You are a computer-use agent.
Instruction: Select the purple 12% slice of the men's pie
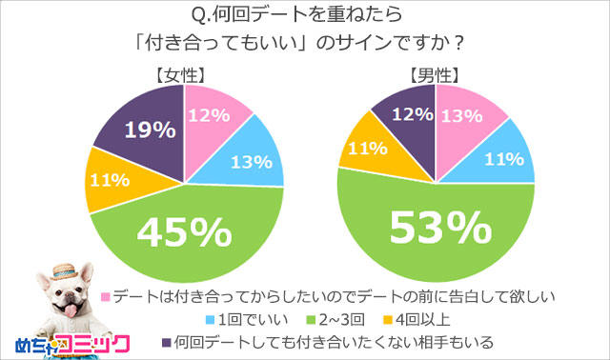pyautogui.click(x=403, y=114)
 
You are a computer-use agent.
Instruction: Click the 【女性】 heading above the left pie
pyautogui.click(x=183, y=74)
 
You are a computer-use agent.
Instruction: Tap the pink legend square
pyautogui.click(x=106, y=296)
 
